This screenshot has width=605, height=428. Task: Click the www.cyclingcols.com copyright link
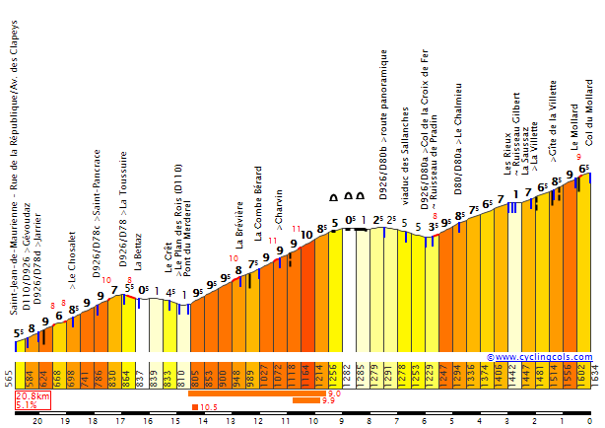(x=542, y=357)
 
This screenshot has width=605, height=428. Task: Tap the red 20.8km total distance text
(x=32, y=395)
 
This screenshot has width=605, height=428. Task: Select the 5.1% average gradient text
(x=27, y=404)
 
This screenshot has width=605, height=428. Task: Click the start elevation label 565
(x=9, y=379)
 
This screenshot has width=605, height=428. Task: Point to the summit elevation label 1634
(x=593, y=378)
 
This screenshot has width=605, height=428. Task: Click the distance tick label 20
(x=37, y=420)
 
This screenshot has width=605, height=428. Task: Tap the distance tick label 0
(x=588, y=420)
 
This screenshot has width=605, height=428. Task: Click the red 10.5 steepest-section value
(x=208, y=406)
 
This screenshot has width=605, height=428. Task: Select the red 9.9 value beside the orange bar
(x=328, y=401)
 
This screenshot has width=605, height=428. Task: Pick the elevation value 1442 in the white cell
(x=511, y=379)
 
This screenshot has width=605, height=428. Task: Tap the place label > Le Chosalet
(x=73, y=281)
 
